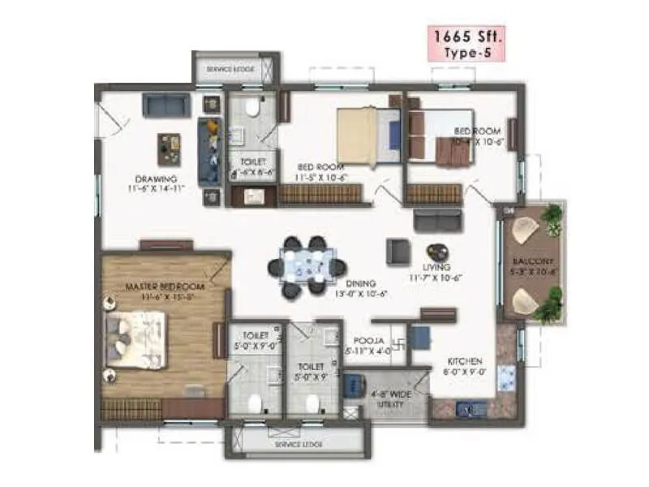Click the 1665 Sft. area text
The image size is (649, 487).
[466, 37]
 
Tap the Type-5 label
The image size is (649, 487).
[466, 53]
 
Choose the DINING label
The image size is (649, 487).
[360, 284]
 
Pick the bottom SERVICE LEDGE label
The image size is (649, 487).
[299, 445]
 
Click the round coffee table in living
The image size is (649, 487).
[437, 252]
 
